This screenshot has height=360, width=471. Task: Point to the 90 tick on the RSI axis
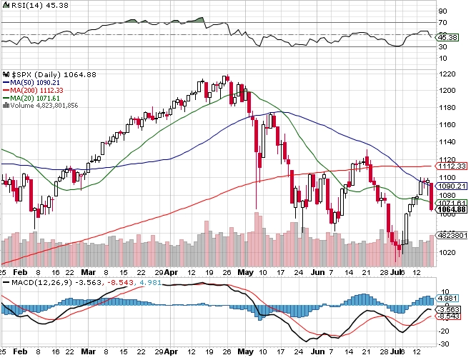[442, 11]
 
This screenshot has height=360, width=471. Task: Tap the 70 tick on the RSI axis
[442, 22]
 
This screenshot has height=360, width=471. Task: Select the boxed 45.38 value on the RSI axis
[447, 37]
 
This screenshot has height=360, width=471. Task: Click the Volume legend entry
[43, 105]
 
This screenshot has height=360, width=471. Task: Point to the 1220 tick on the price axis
[446, 74]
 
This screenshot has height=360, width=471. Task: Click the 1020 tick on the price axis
[446, 251]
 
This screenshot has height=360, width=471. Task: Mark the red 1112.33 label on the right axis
[452, 166]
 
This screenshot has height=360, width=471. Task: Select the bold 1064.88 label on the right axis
[452, 211]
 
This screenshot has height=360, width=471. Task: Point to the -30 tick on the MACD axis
[444, 341]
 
